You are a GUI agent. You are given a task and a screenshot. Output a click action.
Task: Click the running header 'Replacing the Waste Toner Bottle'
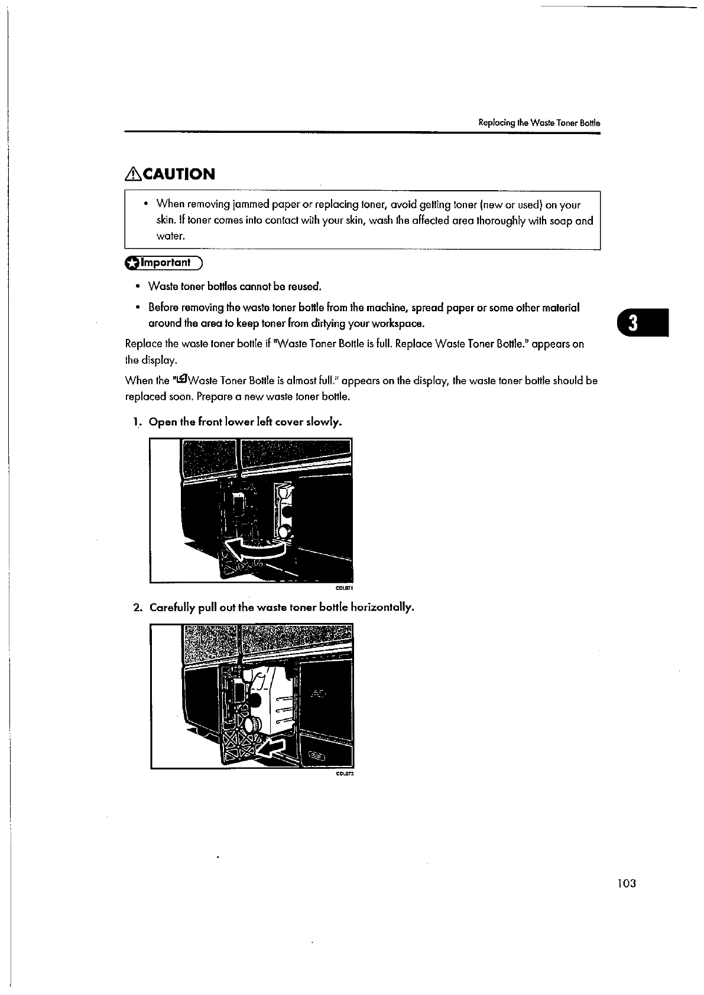[539, 123]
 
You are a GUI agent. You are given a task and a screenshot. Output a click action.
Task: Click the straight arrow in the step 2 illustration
[274, 748]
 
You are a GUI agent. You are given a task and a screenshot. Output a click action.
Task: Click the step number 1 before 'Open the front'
[136, 422]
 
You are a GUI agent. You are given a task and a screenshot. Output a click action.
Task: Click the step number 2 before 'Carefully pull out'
[137, 608]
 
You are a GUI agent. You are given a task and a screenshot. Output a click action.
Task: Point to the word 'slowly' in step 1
[325, 422]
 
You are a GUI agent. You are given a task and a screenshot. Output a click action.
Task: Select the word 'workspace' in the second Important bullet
[398, 324]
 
